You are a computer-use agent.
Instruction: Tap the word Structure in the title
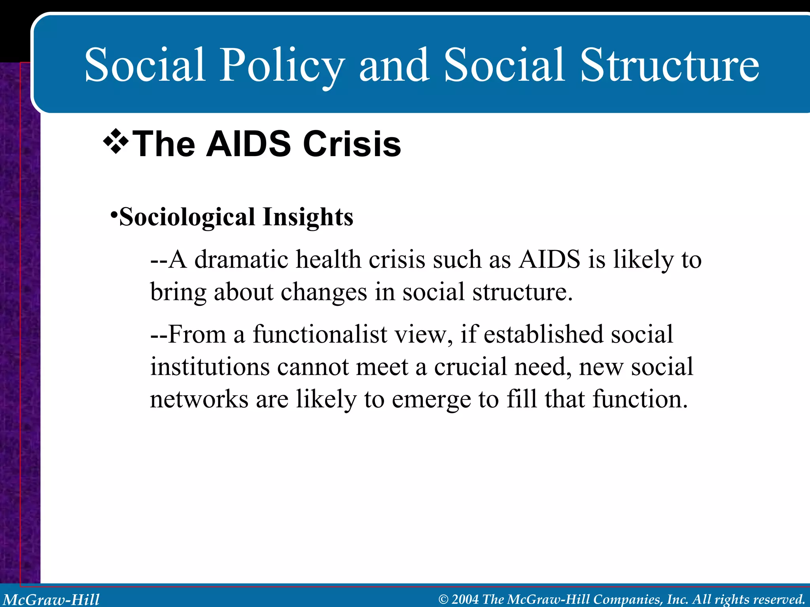669,65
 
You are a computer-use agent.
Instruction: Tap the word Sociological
187,217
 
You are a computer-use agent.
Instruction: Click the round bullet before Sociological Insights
114,215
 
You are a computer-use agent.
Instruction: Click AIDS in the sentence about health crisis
550,260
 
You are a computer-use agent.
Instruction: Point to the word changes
324,292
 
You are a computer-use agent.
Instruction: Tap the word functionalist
320,334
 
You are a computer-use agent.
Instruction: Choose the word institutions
210,367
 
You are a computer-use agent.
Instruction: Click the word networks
199,399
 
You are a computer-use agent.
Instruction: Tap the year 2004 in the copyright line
465,599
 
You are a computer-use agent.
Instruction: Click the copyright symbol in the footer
443,599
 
